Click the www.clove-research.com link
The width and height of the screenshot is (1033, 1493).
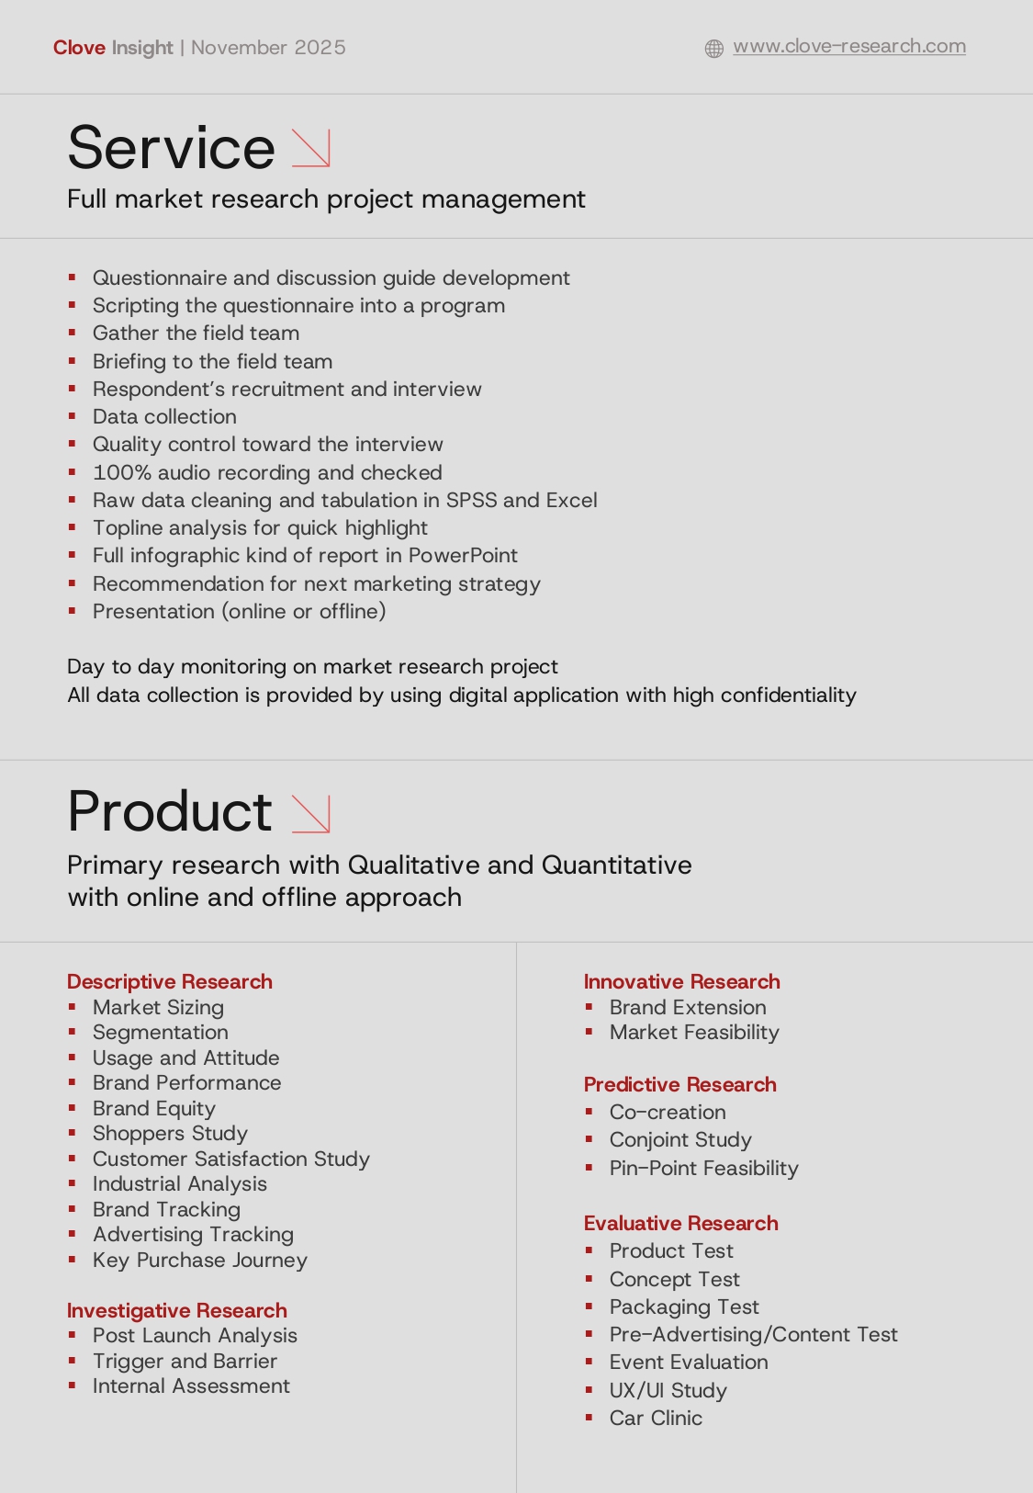click(848, 46)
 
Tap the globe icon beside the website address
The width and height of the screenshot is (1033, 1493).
click(713, 49)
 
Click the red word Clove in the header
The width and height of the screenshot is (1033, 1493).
click(79, 48)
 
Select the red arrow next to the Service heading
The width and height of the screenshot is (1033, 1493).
click(310, 148)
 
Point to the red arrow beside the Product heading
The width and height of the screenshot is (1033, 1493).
click(310, 813)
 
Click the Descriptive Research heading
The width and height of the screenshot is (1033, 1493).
click(169, 981)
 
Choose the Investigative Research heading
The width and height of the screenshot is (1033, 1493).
click(176, 1310)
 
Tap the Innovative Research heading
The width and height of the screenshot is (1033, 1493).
click(681, 981)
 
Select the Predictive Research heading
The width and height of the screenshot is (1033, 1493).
click(679, 1084)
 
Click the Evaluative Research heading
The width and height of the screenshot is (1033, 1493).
click(680, 1223)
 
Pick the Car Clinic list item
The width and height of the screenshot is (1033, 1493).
click(656, 1418)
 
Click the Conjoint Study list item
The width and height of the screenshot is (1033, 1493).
click(680, 1139)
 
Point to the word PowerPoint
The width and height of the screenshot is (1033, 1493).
click(463, 555)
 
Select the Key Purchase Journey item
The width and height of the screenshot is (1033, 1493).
click(199, 1260)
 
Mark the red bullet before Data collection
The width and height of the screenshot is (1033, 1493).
click(72, 416)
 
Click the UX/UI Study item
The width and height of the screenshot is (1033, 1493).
click(668, 1390)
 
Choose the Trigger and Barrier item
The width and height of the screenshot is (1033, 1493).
click(185, 1361)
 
